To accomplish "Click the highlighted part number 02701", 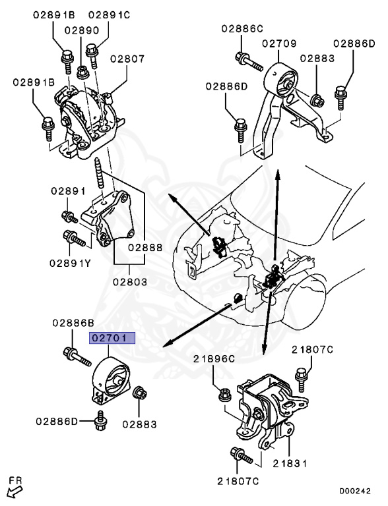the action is (112, 338).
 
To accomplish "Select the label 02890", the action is (82, 30).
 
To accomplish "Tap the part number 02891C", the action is (110, 15).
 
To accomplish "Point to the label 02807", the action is (127, 59).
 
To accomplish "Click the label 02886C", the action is (243, 28).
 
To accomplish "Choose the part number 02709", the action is (279, 43).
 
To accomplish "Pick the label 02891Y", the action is (70, 263).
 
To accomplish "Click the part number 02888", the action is (145, 248).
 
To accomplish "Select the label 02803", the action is (130, 282).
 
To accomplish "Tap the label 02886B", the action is (73, 323).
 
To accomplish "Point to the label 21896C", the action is (214, 359).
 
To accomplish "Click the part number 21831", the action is (290, 464).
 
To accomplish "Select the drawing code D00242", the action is (355, 491).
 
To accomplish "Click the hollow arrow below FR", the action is (15, 492).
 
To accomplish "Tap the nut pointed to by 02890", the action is (83, 72).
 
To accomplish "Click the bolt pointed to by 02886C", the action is (249, 62).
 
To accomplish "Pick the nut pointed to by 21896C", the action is (225, 395).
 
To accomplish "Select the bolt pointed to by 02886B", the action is (77, 356).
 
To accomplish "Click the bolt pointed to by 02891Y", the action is (75, 238).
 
